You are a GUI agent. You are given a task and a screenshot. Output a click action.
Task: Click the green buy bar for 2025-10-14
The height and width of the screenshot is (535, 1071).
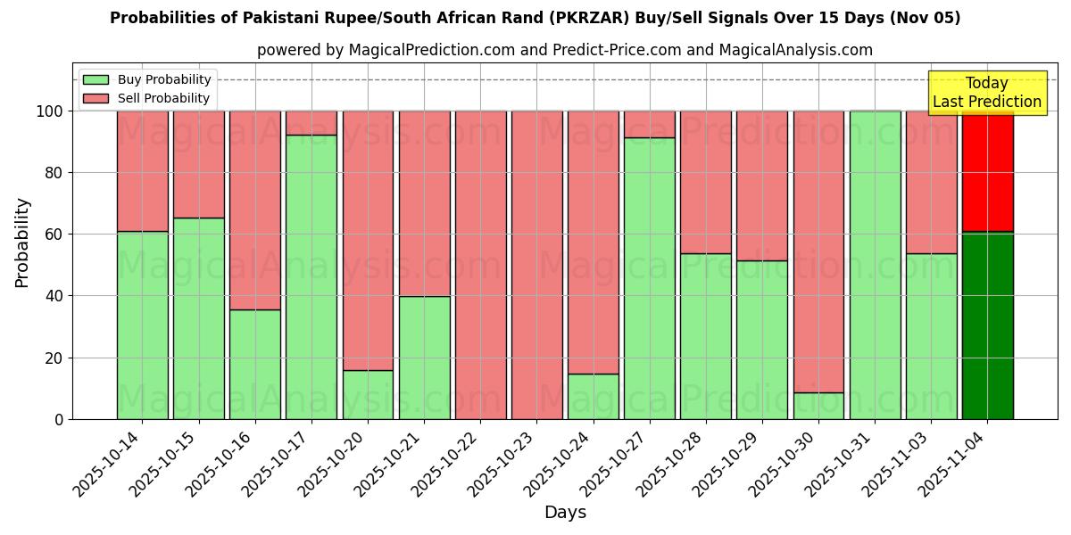(x=142, y=325)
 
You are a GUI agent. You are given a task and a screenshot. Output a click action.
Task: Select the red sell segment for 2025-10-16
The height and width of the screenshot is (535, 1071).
(x=255, y=210)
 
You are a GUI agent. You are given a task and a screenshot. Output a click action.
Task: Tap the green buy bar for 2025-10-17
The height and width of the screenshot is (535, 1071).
(x=311, y=276)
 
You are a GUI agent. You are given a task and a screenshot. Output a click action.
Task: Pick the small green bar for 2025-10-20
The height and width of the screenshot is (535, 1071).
(x=368, y=394)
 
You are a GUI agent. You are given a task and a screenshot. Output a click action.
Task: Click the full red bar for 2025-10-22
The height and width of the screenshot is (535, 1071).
(x=480, y=265)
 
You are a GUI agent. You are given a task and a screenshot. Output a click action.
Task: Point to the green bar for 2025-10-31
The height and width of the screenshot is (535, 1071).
(x=875, y=265)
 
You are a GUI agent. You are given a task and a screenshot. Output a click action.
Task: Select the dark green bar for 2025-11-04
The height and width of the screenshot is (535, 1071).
(x=987, y=325)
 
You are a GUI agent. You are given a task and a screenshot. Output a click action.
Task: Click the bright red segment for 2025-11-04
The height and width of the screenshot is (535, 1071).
(x=987, y=171)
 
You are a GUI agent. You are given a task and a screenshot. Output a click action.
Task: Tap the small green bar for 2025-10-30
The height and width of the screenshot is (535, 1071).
(x=818, y=406)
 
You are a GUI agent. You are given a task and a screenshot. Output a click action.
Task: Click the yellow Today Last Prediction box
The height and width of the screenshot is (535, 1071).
(x=986, y=93)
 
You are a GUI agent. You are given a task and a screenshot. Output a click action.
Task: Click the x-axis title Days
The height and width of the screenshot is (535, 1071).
(x=565, y=513)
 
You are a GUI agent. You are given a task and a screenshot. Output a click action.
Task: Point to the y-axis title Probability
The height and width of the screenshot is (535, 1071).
(x=22, y=243)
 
